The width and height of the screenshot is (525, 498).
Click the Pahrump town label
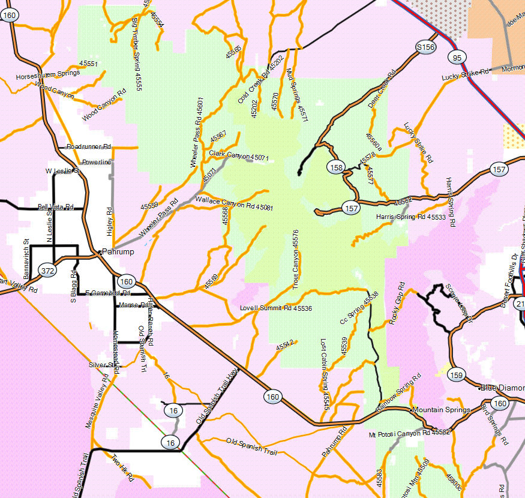point(118,252)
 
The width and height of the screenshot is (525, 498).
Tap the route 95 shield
point(457,57)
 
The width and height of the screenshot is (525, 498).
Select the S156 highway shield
point(425,47)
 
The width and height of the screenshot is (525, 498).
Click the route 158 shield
point(337,167)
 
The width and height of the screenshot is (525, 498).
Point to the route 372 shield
point(48,271)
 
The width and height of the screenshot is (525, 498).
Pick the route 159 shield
point(457,374)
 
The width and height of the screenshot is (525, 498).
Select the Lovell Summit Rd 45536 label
point(276,308)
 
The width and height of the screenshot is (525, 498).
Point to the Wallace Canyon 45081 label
point(235,203)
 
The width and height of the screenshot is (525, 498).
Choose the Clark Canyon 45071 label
point(239,155)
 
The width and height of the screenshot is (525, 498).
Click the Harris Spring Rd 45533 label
point(411,217)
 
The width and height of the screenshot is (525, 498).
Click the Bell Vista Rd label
point(55,207)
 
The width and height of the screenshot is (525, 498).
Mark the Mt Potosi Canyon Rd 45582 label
point(409,432)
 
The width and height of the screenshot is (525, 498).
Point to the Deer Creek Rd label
point(382,89)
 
